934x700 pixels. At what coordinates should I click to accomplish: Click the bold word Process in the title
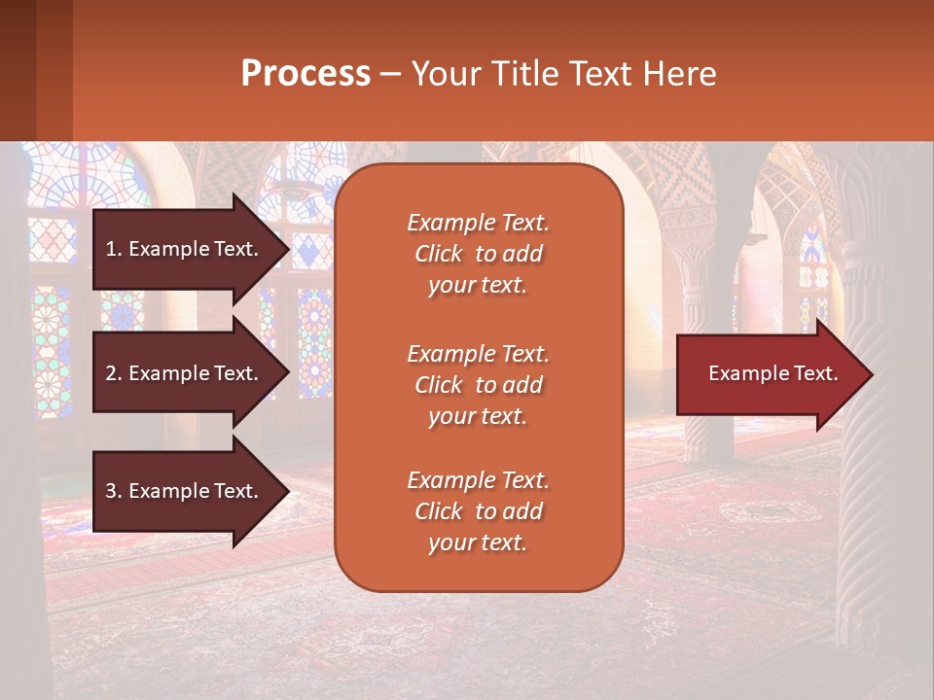coord(305,74)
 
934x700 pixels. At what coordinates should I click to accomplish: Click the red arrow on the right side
coord(769,374)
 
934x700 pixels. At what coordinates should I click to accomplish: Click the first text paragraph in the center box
coord(478,254)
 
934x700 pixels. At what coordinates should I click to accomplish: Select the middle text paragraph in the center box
coord(478,385)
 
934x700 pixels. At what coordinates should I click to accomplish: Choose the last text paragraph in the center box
coord(478,511)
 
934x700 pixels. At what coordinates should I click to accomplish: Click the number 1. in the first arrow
coord(114,249)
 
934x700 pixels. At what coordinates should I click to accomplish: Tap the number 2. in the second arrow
coord(114,373)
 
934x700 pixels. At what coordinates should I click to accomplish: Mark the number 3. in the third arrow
coord(114,491)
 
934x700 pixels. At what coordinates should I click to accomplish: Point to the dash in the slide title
coord(390,75)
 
